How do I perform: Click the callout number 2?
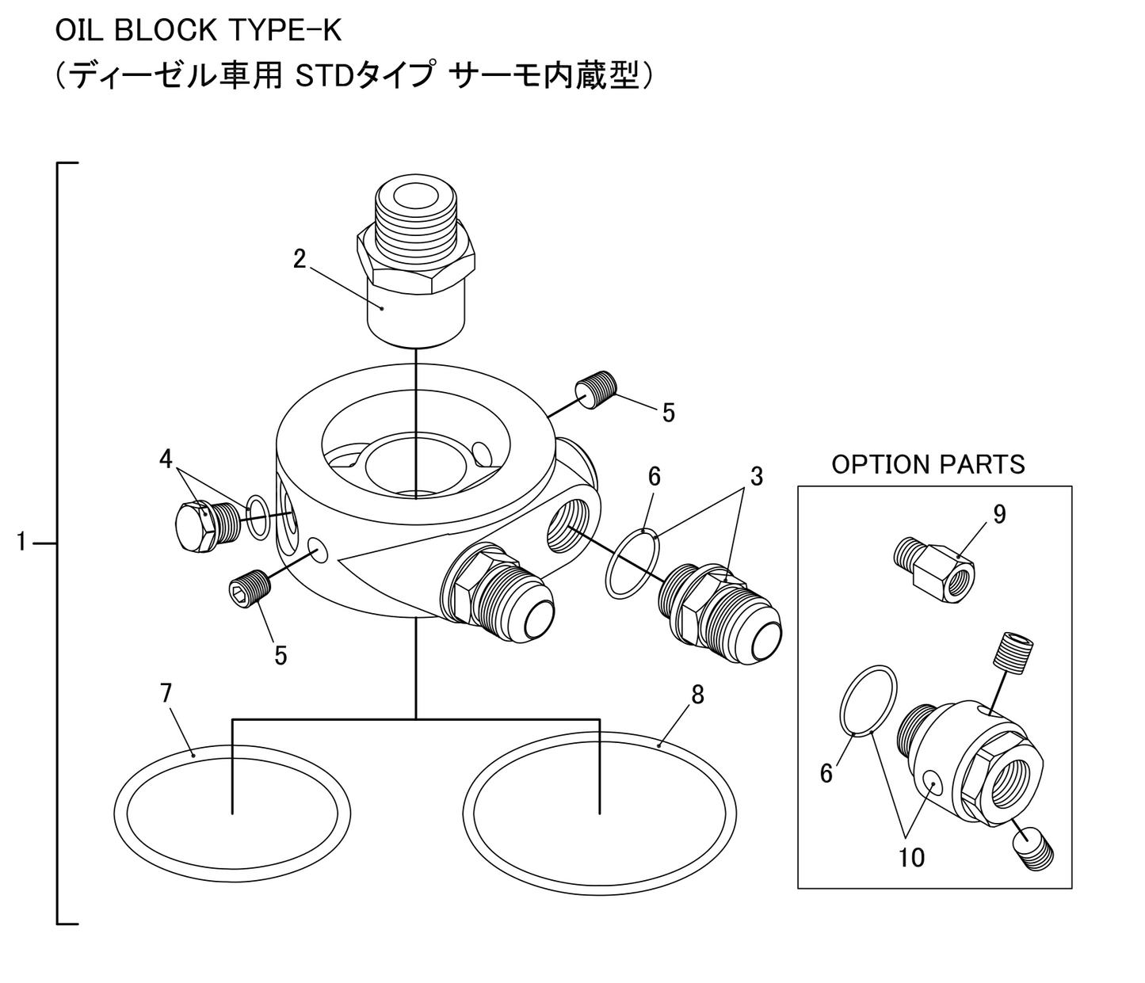pyautogui.click(x=299, y=259)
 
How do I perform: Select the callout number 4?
pyautogui.click(x=166, y=459)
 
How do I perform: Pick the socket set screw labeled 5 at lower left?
pyautogui.click(x=249, y=592)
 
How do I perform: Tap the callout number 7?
pyautogui.click(x=166, y=693)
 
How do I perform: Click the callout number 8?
pyautogui.click(x=697, y=695)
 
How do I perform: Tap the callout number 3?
pyautogui.click(x=757, y=477)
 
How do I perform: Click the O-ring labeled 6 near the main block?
pyautogui.click(x=608, y=564)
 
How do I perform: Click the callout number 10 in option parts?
pyautogui.click(x=911, y=857)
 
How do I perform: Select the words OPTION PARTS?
pyautogui.click(x=928, y=464)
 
